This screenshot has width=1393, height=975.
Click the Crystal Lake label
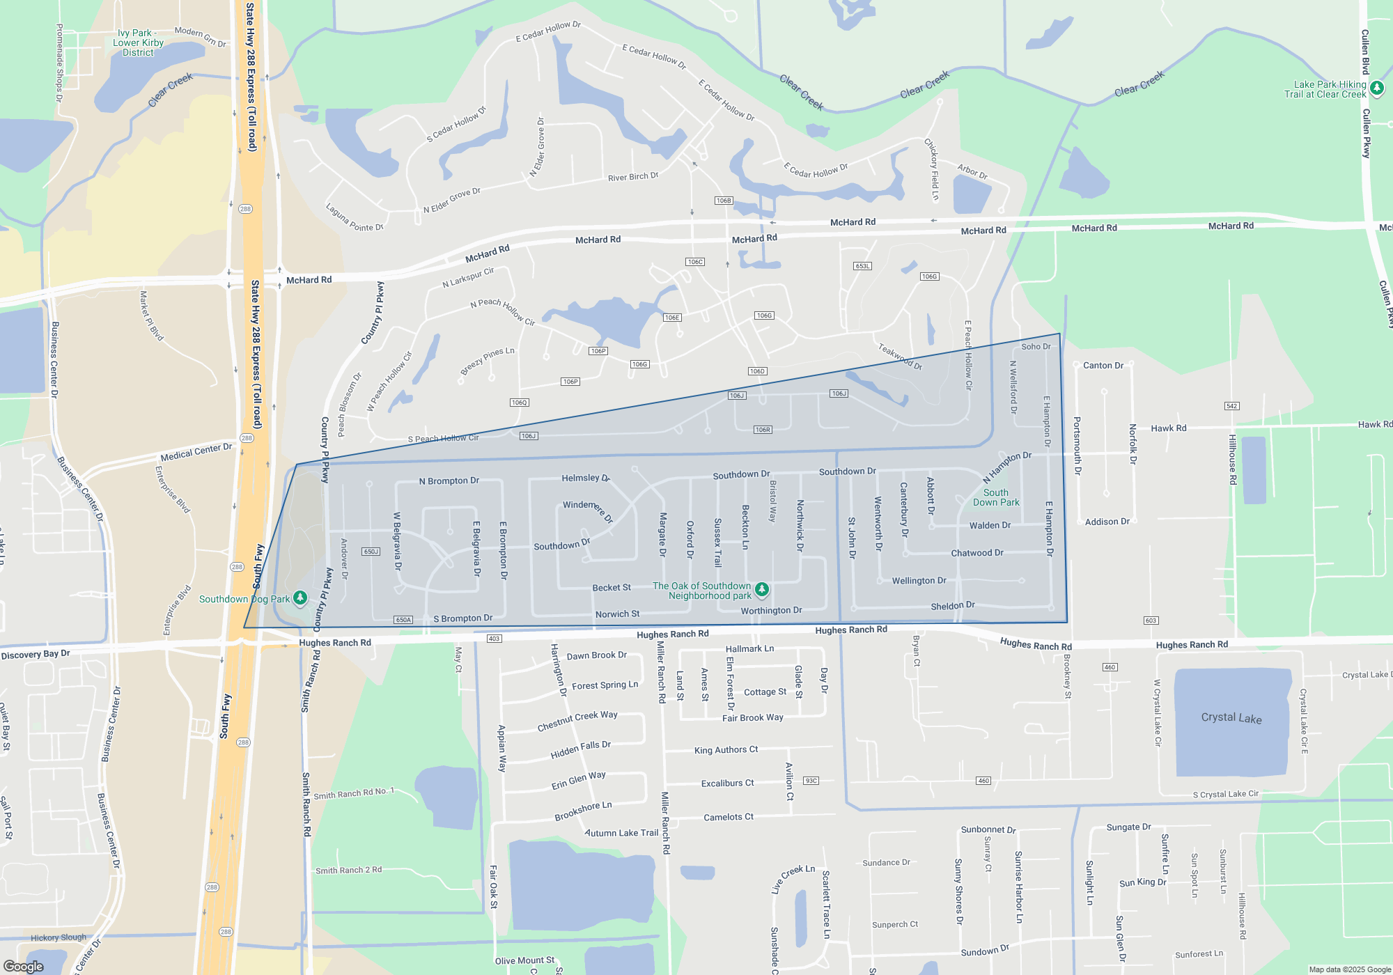point(1231,718)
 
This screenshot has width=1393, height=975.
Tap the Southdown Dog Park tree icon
point(300,598)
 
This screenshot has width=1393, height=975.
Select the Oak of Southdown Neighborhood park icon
point(762,589)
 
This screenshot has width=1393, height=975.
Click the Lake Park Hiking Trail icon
point(1376,88)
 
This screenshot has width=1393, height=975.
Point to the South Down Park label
point(996,497)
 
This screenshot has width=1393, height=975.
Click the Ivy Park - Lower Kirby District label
point(138,42)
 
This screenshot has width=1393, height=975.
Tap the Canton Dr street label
point(1103,365)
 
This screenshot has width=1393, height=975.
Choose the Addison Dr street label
point(1107,522)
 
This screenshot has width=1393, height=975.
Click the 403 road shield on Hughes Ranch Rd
point(494,639)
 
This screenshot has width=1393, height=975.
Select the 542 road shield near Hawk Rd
point(1231,406)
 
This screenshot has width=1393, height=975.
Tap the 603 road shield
point(1151,621)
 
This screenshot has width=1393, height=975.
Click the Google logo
point(24,967)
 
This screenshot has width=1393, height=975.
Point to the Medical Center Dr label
point(196,452)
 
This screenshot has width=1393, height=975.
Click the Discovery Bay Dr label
point(36,655)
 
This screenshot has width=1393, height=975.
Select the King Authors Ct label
point(726,750)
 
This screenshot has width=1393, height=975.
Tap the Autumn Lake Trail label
point(621,832)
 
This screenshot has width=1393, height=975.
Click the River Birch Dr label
point(633,177)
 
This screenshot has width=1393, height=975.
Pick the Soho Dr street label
point(1036,346)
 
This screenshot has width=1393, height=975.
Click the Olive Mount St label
point(524,961)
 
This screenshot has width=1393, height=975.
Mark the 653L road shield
point(862,266)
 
